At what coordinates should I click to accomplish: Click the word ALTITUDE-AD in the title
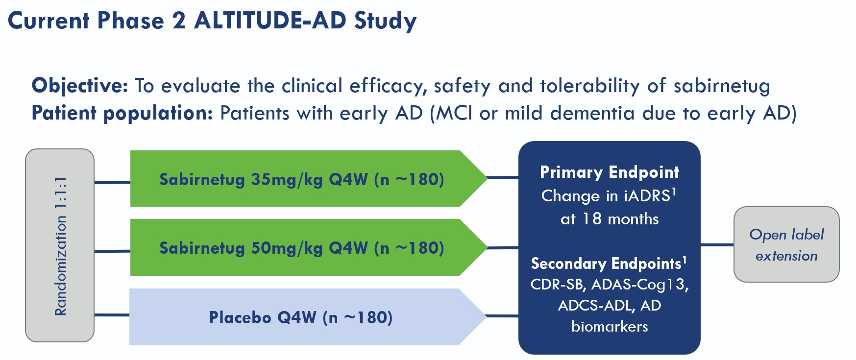270,21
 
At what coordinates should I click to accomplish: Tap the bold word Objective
79,86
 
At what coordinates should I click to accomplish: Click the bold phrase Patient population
122,113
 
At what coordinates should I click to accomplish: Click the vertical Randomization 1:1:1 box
60,245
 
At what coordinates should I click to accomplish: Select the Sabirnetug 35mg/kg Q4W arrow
301,179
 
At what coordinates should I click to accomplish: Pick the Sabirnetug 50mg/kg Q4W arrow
301,248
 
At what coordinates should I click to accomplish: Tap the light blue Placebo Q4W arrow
300,317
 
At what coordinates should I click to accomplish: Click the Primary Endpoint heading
609,172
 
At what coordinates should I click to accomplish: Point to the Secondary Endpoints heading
606,264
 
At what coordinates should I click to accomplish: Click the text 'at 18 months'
609,218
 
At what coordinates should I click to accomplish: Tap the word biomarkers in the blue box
609,326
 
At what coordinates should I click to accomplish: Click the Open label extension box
786,244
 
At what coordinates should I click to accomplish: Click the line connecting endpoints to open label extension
717,244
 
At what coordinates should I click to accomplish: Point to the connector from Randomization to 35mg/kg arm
112,182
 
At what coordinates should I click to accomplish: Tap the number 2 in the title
178,21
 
